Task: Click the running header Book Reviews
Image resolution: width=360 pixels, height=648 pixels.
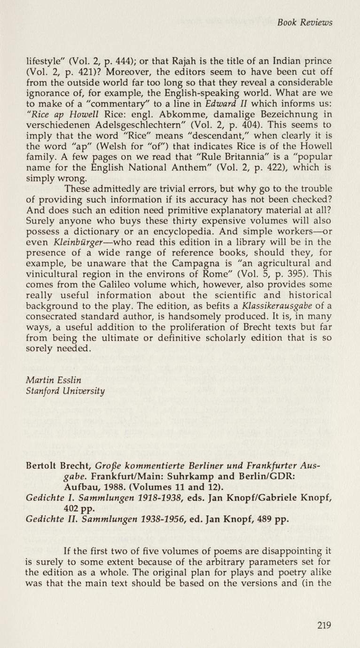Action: tap(305, 23)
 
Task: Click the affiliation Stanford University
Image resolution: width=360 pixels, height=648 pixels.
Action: tap(65, 391)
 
